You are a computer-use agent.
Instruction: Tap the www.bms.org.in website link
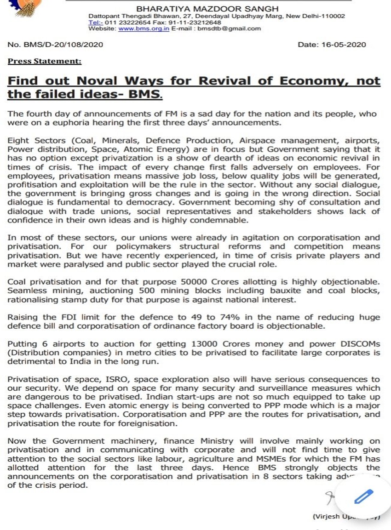(144, 28)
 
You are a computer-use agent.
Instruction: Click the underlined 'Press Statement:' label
(45, 61)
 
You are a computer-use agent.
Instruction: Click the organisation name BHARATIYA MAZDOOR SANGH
(207, 9)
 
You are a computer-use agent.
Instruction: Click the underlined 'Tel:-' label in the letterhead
(95, 22)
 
